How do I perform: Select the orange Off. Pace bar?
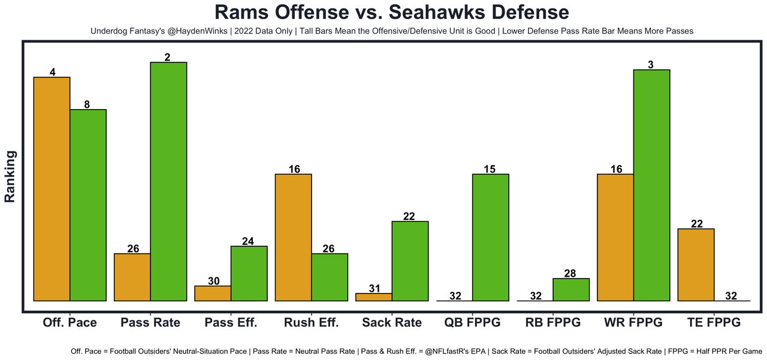pos(52,189)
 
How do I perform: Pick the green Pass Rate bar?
pos(168,181)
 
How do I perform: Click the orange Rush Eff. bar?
pos(293,237)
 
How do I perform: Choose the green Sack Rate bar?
pos(410,261)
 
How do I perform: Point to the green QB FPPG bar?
pos(491,237)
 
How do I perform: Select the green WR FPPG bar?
pos(651,185)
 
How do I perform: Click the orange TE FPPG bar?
pos(696,264)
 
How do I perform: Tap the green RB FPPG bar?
pos(571,289)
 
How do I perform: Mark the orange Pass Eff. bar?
pos(213,293)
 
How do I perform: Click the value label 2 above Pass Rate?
pos(168,57)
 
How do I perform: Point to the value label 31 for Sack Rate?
pos(374,288)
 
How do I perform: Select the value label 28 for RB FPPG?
pos(571,273)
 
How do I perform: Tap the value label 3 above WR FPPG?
pos(651,64)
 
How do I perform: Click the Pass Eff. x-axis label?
pos(231,322)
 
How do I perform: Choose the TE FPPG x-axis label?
pos(713,322)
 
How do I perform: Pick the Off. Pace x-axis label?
pos(70,322)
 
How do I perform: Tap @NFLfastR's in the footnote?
pos(440,350)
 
